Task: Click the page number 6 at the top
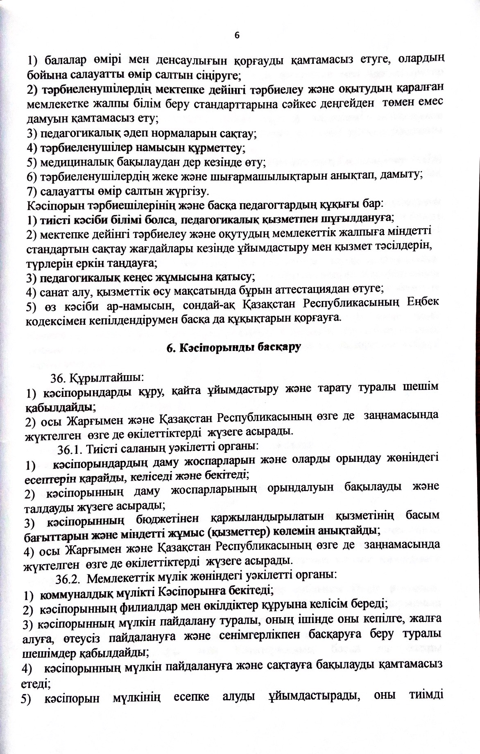point(236,36)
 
